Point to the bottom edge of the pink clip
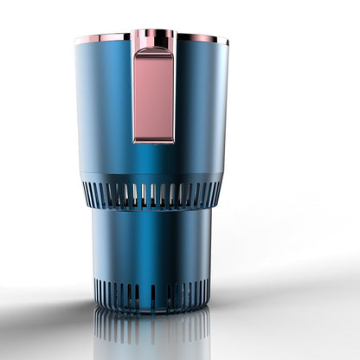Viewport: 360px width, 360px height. click(153, 140)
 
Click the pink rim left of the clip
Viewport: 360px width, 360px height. click(103, 38)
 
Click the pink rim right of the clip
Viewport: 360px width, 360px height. click(201, 37)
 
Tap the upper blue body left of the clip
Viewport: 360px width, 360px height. click(106, 104)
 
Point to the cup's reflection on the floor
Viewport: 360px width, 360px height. click(152, 333)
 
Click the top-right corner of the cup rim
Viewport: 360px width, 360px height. click(228, 41)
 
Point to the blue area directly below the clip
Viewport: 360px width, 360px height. click(153, 160)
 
